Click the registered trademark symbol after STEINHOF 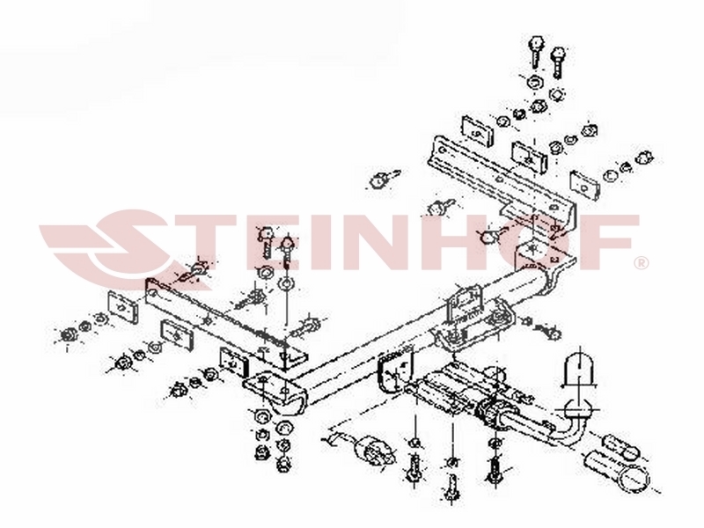(642, 263)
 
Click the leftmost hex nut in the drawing (69, 334)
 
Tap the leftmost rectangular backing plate (122, 306)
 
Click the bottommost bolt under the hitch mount (451, 488)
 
